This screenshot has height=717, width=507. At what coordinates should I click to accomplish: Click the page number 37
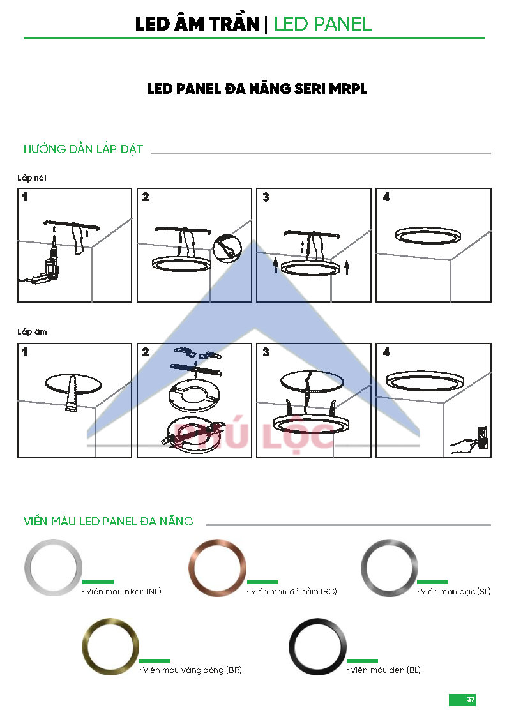point(471,700)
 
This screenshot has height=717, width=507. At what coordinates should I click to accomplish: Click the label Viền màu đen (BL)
point(384,670)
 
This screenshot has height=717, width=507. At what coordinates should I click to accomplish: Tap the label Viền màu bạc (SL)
point(455,592)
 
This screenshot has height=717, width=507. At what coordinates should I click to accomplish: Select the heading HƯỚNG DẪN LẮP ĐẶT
point(83,149)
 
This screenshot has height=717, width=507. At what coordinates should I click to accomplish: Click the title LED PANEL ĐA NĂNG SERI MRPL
point(257,89)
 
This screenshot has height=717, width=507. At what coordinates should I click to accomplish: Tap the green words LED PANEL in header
point(322,24)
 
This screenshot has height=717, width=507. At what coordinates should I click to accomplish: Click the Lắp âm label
point(32,331)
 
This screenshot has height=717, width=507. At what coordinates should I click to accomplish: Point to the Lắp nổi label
point(32,177)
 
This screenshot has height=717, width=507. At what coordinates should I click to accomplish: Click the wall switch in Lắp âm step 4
point(482,437)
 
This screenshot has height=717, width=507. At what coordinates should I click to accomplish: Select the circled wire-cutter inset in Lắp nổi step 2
point(227,249)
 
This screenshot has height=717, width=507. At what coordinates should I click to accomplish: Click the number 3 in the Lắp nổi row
point(266,197)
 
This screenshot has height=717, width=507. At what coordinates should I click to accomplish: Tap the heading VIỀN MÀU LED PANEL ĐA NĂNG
point(109,521)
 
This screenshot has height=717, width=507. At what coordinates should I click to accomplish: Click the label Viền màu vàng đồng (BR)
point(191,670)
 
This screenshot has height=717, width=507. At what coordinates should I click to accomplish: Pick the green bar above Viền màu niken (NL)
point(98,582)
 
